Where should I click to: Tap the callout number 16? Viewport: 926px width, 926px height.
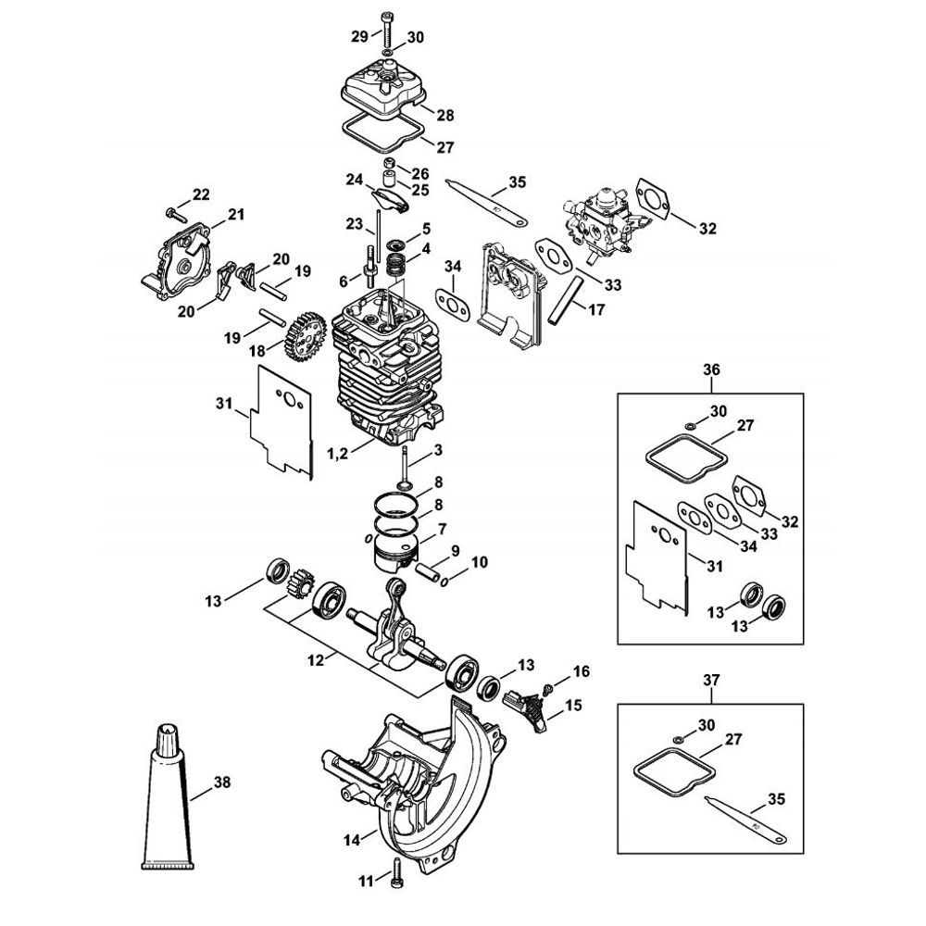pyautogui.click(x=581, y=670)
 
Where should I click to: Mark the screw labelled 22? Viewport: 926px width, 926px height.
pyautogui.click(x=172, y=212)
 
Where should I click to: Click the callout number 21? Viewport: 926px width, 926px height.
pyautogui.click(x=235, y=215)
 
